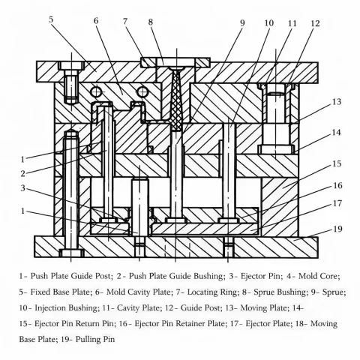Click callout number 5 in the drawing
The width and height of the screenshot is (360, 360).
pos(50,19)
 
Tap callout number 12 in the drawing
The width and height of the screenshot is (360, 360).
pos(315,23)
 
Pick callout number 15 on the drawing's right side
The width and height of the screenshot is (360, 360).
pos(337,163)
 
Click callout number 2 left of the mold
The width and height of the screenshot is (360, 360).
pos(24,173)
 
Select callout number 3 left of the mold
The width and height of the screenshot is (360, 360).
pos(24,188)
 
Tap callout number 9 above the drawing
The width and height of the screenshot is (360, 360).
pos(242,23)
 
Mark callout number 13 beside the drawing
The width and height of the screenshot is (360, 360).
pos(337,101)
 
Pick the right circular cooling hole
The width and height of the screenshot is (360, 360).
pos(139,91)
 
